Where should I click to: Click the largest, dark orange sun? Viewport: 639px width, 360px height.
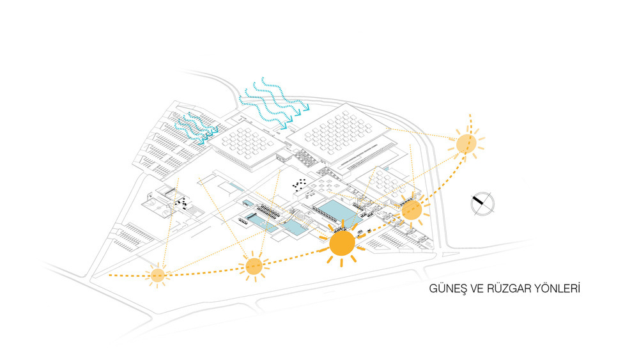[342, 244]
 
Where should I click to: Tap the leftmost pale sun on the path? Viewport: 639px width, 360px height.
[157, 276]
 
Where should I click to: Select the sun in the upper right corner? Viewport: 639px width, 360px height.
[466, 143]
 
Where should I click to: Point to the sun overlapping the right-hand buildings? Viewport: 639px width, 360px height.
[412, 210]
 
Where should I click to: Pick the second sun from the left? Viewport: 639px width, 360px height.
[254, 267]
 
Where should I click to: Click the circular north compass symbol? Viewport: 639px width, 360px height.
[482, 203]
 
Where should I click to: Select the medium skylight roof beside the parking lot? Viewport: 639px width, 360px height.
[249, 143]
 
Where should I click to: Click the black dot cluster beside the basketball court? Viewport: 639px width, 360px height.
[181, 202]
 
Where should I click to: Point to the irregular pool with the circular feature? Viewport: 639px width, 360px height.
[298, 226]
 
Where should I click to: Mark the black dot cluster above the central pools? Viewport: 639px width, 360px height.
[298, 185]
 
